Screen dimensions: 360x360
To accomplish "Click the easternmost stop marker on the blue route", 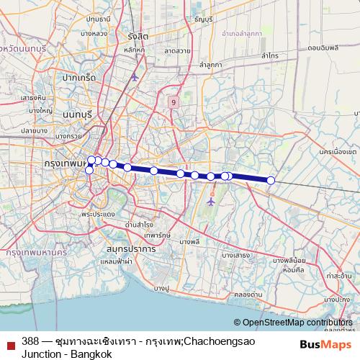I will (271, 180).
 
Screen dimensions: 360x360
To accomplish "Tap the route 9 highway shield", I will (174, 103).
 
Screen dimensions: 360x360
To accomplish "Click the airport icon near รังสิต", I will (135, 76).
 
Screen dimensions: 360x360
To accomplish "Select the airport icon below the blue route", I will (211, 202).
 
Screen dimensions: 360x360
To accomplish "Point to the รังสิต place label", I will (138, 36).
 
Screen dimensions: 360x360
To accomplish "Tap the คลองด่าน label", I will (246, 294).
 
